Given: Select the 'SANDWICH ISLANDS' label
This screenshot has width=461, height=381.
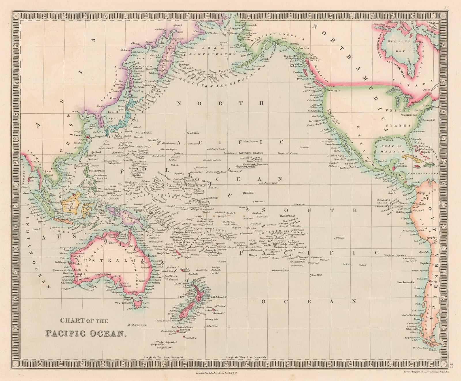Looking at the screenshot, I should (249, 153).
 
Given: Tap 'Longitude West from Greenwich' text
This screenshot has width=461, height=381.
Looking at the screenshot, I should (246, 357).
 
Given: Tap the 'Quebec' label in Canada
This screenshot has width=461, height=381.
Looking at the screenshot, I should (427, 89).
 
